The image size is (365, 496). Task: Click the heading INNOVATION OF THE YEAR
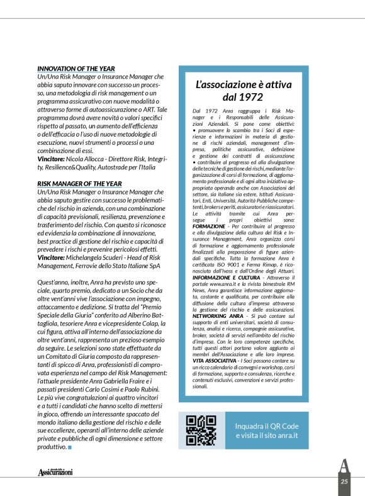coord(76,69)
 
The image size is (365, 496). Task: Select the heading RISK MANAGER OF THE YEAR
coord(79,184)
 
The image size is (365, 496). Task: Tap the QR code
coord(201,431)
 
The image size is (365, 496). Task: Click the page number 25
coord(344,482)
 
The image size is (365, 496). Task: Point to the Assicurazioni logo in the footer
coord(55,471)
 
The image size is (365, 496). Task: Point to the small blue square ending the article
coord(70,448)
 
